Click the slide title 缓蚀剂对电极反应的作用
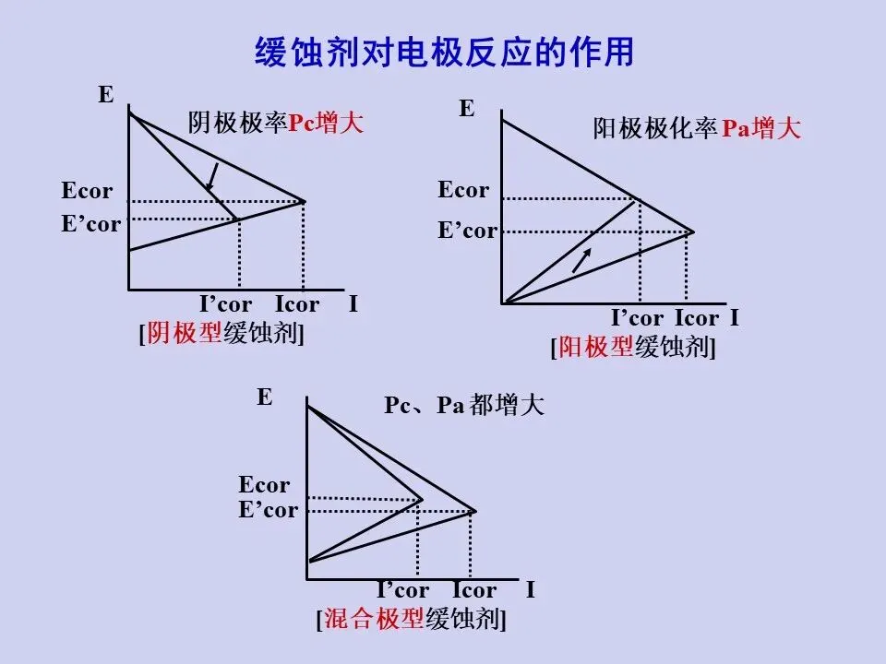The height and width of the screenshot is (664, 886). tap(444, 52)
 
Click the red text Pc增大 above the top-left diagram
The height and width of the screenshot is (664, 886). tap(327, 124)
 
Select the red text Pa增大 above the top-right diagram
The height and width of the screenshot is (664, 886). tap(760, 129)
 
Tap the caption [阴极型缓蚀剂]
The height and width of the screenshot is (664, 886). tap(221, 333)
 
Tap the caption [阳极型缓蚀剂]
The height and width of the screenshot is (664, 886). tap(633, 347)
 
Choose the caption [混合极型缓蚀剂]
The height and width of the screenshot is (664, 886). tap(412, 619)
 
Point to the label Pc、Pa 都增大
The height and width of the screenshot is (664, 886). tap(464, 406)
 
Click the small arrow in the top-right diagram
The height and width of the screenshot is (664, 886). tap(581, 260)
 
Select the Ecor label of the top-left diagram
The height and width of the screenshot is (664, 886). tap(87, 192)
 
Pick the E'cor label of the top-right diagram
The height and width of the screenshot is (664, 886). tap(467, 231)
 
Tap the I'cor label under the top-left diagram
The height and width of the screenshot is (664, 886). tap(226, 305)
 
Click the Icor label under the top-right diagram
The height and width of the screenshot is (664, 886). tap(697, 319)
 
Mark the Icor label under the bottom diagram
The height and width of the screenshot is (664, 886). tap(474, 590)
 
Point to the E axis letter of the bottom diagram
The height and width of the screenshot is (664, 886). tap(265, 397)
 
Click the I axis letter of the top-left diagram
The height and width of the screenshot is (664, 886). tap(353, 304)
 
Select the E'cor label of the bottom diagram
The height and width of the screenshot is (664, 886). tap(269, 510)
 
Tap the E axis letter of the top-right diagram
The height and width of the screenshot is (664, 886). tap(467, 109)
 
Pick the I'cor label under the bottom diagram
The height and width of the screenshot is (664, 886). tap(403, 590)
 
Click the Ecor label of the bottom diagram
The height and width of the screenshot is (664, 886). tap(264, 485)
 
